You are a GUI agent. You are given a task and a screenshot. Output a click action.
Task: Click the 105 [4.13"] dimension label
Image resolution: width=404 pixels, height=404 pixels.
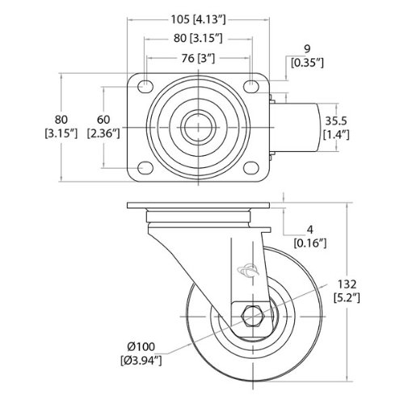pyautogui.click(x=199, y=19)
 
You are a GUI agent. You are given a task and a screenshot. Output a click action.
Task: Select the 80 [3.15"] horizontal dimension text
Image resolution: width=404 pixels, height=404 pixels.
pyautogui.click(x=198, y=39)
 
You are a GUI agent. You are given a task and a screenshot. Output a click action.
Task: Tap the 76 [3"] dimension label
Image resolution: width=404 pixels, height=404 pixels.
pyautogui.click(x=198, y=58)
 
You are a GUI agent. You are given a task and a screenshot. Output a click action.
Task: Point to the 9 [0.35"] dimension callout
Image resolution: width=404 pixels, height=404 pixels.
pyautogui.click(x=307, y=56)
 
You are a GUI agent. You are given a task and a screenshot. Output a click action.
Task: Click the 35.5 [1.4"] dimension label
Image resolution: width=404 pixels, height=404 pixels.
pyautogui.click(x=336, y=128)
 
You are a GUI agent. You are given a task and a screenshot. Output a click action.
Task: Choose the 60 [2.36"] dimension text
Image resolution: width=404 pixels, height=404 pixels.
pyautogui.click(x=103, y=126)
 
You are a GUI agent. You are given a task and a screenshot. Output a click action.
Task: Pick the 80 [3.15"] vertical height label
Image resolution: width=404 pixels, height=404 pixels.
pyautogui.click(x=61, y=126)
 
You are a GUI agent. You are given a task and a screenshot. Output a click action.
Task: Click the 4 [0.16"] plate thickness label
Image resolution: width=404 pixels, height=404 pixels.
pyautogui.click(x=310, y=237)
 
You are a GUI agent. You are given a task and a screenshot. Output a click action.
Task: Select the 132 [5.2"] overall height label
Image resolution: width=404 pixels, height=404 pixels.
pyautogui.click(x=347, y=291)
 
